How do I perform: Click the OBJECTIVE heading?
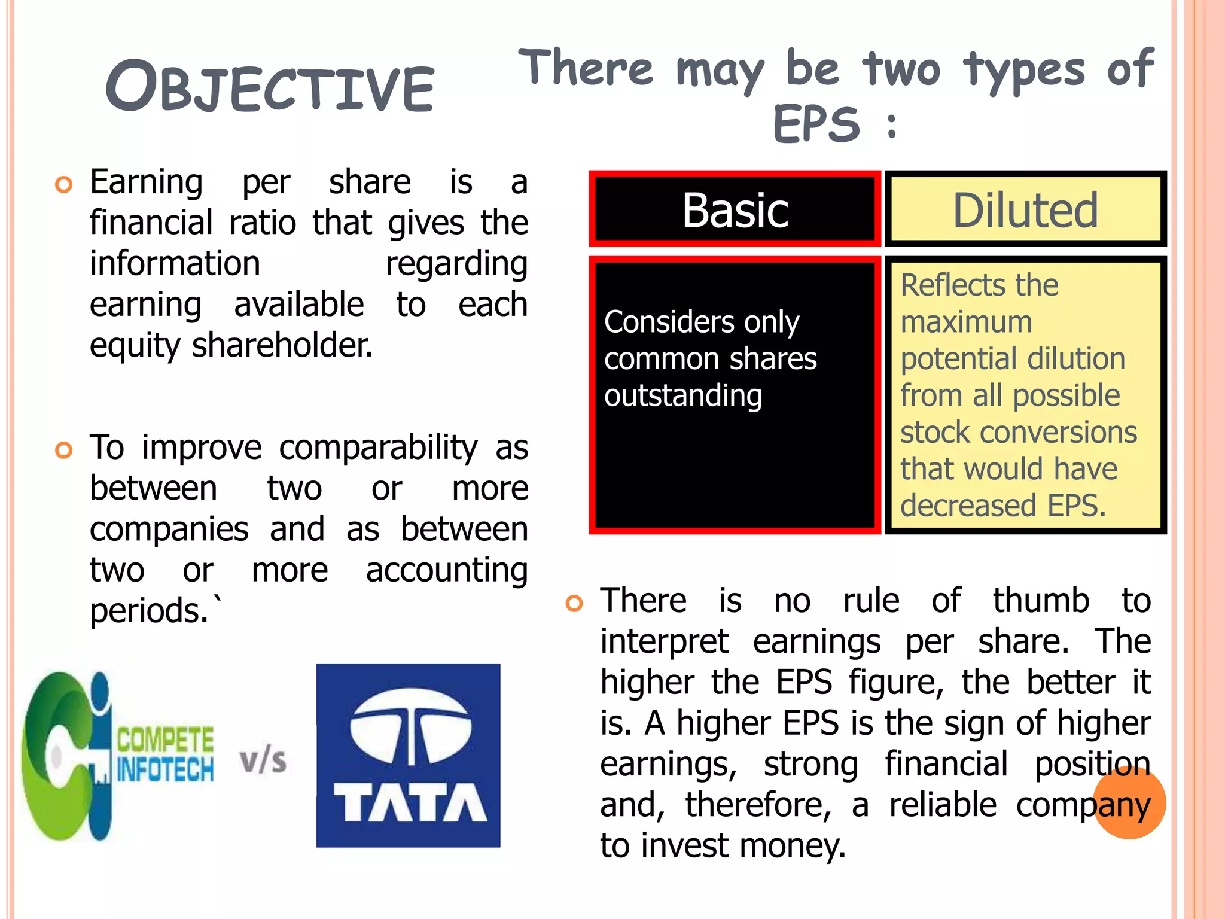pyautogui.click(x=270, y=87)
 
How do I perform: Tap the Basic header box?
pyautogui.click(x=735, y=209)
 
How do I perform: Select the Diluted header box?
pyautogui.click(x=1025, y=209)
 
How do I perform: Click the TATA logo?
pyautogui.click(x=409, y=755)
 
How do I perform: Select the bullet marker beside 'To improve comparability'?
pyautogui.click(x=63, y=450)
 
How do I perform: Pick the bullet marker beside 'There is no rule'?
pyautogui.click(x=574, y=603)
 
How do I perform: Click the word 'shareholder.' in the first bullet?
pyautogui.click(x=282, y=345)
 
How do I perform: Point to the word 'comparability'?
pyautogui.click(x=378, y=448)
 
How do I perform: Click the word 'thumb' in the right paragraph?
pyautogui.click(x=1041, y=600)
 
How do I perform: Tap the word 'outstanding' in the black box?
pyautogui.click(x=683, y=395)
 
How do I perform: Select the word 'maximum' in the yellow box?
pyautogui.click(x=967, y=322)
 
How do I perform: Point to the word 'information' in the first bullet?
pyautogui.click(x=175, y=263)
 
